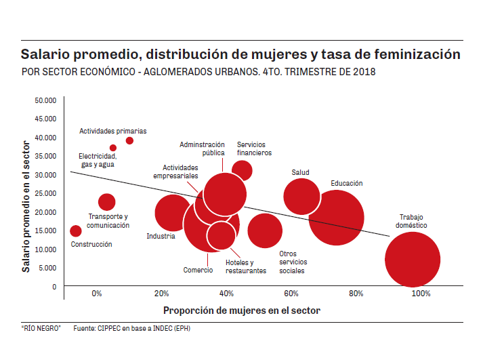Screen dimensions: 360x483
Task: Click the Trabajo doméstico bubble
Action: click(413, 260)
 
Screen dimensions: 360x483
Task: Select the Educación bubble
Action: click(337, 218)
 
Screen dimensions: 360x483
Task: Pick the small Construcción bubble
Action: click(76, 231)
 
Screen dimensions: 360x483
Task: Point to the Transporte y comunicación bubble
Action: click(106, 201)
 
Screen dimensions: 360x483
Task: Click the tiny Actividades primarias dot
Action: click(129, 140)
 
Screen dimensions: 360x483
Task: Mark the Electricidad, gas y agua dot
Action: click(113, 148)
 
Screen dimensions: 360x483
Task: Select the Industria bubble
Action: click(173, 213)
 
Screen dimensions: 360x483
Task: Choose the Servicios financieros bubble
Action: click(242, 171)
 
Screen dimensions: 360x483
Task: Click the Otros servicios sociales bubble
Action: click(265, 230)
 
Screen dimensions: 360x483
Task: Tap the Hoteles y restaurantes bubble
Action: click(221, 235)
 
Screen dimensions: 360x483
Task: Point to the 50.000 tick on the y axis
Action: click(45, 100)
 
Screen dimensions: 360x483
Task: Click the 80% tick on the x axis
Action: click(356, 294)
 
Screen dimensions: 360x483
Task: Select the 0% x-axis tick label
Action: click(97, 294)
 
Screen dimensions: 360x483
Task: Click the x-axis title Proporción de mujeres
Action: click(241, 311)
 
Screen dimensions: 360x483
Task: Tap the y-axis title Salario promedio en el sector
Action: click(26, 203)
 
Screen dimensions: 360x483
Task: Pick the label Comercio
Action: click(198, 270)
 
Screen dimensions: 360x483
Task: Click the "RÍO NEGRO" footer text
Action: click(41, 328)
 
